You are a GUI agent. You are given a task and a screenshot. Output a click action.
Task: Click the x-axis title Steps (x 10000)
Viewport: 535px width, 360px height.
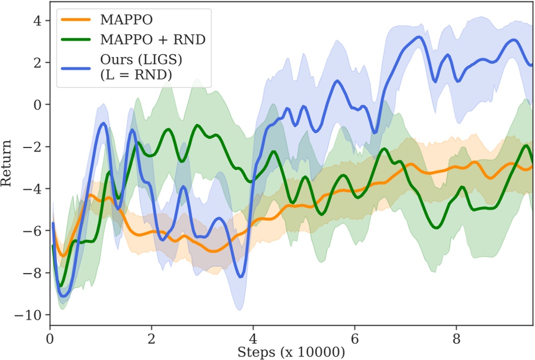click(291, 352)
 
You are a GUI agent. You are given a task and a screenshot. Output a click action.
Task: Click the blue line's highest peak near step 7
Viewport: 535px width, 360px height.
click(419, 37)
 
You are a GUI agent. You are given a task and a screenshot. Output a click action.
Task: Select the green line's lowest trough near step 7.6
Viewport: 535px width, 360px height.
click(436, 228)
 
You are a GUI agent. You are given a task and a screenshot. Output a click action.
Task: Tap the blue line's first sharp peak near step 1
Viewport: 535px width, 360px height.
click(104, 123)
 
